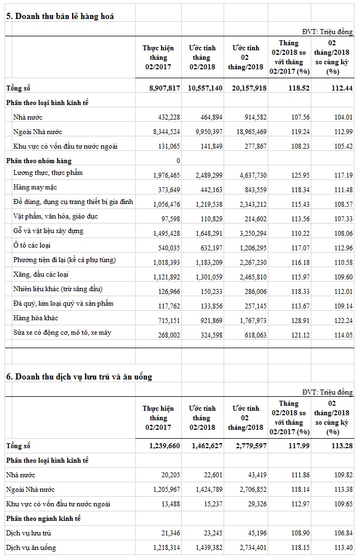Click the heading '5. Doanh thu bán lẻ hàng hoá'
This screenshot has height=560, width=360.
click(60, 16)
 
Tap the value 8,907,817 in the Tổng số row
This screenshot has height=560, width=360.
click(161, 88)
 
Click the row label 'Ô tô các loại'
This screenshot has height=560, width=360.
click(33, 245)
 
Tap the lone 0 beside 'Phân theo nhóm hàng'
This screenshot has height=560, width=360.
click(178, 161)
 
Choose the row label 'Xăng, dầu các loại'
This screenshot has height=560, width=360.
click(41, 274)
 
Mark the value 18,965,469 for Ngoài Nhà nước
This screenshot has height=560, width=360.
click(247, 132)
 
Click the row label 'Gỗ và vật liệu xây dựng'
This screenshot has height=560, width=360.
click(49, 231)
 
